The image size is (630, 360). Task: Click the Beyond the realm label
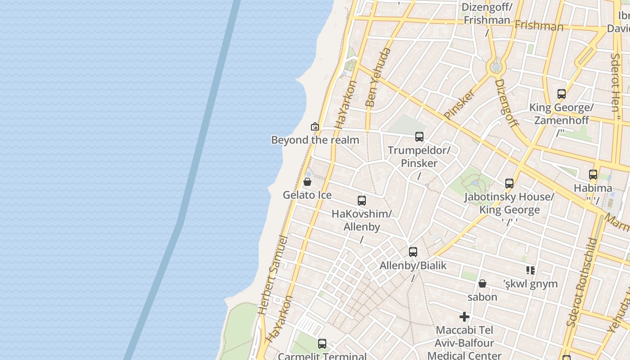tap(315, 140)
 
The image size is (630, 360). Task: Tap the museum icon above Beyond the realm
tap(315, 126)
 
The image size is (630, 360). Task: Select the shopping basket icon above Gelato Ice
tap(307, 182)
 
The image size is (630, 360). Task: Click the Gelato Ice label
tap(307, 195)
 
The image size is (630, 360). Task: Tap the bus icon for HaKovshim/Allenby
tap(362, 201)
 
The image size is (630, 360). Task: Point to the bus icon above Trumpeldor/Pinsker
tap(419, 136)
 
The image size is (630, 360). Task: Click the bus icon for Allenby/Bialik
tap(413, 252)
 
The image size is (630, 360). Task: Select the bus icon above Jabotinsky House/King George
tap(509, 184)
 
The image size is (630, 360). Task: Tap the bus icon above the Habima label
tap(593, 175)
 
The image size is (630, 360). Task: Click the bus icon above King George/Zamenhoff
tap(562, 94)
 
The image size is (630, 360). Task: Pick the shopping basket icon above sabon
tap(482, 283)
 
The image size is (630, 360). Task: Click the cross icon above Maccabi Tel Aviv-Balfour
tap(464, 317)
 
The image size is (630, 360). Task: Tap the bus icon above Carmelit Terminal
tap(322, 344)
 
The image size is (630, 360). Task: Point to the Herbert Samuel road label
tap(273, 274)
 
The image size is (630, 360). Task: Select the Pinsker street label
tap(459, 104)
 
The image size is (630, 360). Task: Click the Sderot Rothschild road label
tap(582, 283)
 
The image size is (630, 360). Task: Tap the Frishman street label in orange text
tap(539, 26)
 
